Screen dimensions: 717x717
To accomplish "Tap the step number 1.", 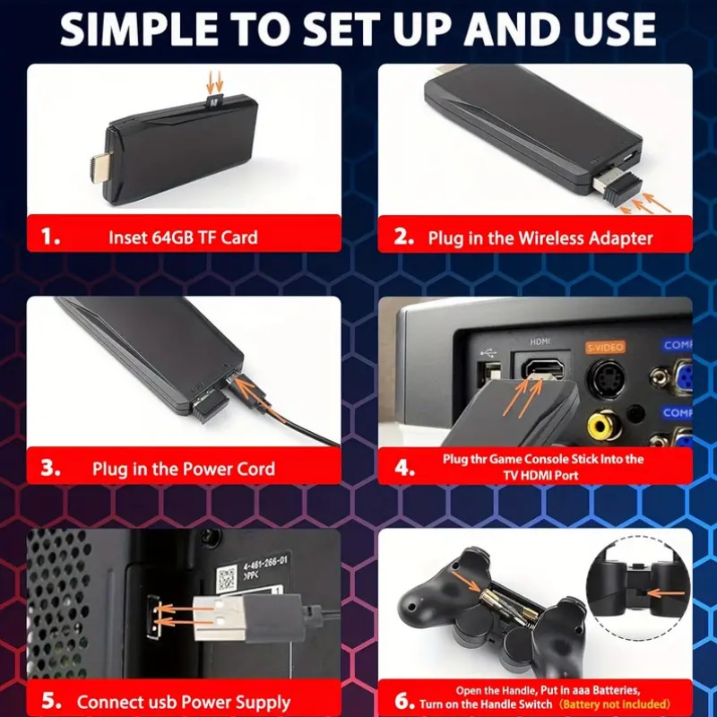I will pos(51,238).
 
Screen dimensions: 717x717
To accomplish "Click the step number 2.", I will pos(404,238).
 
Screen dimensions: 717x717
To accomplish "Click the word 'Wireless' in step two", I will pos(549,238).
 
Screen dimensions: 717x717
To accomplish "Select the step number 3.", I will pos(51,468).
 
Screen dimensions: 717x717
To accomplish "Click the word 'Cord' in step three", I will pos(255,468).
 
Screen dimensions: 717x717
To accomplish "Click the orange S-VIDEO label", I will pos(605,346).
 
